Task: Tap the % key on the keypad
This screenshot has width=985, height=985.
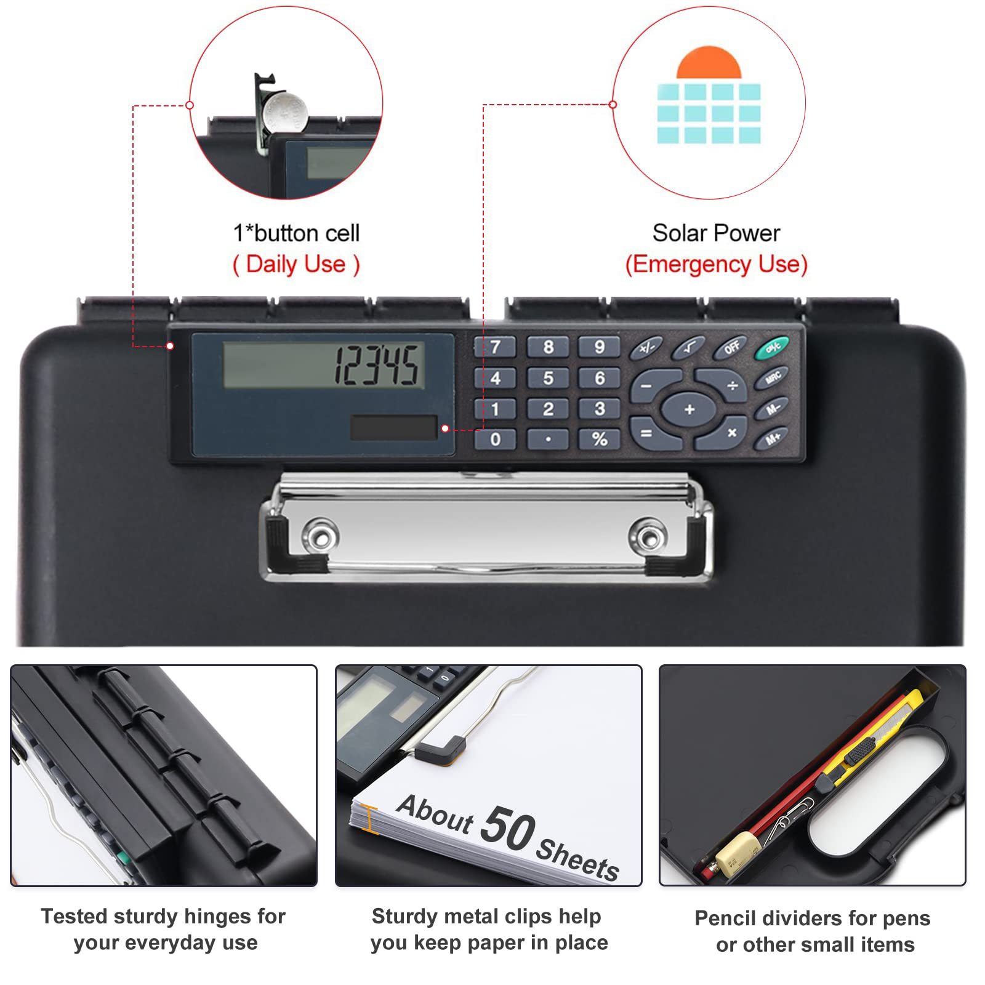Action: coord(599,439)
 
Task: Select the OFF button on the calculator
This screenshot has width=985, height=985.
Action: coord(731,348)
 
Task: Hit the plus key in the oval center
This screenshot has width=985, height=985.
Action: coord(689,409)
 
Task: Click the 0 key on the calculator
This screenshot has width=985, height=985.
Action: coord(495,439)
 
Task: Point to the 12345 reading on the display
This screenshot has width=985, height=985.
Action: coord(377,365)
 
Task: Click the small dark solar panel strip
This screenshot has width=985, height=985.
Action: coord(393,427)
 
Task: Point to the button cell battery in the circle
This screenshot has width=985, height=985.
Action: coord(285,111)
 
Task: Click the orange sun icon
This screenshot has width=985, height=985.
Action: coord(709,62)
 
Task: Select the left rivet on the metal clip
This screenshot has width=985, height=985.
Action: coord(320,533)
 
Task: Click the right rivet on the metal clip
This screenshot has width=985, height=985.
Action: coord(648,534)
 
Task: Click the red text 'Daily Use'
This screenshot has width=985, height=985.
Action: coord(295,264)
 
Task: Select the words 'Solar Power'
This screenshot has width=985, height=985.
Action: coord(716,233)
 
